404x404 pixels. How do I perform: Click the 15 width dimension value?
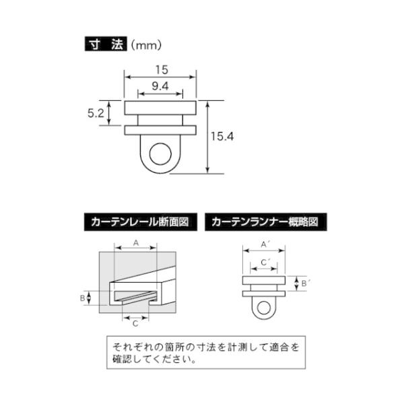click(x=160, y=69)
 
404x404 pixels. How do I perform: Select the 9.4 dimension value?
click(x=160, y=86)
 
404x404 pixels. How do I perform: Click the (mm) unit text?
click(x=145, y=46)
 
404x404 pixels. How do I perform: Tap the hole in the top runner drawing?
click(x=160, y=154)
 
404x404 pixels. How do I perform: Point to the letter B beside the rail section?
click(x=83, y=297)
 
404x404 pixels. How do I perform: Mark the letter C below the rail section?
click(x=135, y=325)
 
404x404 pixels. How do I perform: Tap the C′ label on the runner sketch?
click(x=265, y=262)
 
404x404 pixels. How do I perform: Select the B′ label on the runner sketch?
click(x=305, y=283)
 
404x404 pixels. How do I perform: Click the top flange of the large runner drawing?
click(x=160, y=107)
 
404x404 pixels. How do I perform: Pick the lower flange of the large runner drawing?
click(x=160, y=129)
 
